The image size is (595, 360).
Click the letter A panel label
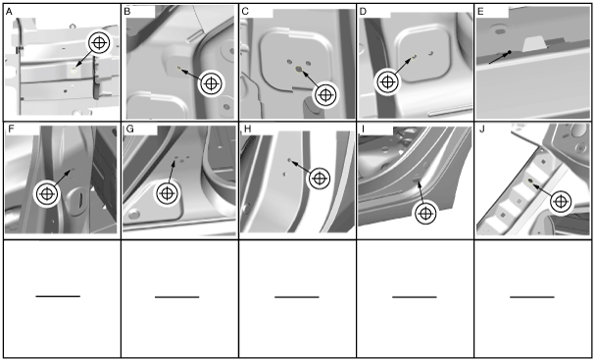pos(9,12)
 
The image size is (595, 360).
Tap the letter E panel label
pos(480,12)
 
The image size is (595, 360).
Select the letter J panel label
pos(482,129)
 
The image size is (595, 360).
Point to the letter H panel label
pos(248,129)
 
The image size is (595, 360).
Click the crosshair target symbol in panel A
pos(99,42)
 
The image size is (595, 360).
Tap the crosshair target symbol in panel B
pos(212,83)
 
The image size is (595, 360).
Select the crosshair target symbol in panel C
pos(325,95)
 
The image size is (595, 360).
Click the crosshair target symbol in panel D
pos(387,81)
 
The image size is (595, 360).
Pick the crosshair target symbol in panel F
pos(47,194)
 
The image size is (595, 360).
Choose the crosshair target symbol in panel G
pos(167,193)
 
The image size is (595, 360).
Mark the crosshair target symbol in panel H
pos(320,179)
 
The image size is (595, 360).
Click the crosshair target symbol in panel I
pos(425,214)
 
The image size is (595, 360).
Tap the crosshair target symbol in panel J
pos(561,202)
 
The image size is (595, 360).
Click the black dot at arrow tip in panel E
pos(510,52)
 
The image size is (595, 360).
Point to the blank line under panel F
pos(58,296)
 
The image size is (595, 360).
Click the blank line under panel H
pos(297,297)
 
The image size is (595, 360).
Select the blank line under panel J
pos(532,297)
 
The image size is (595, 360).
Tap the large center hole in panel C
pos(299,69)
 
